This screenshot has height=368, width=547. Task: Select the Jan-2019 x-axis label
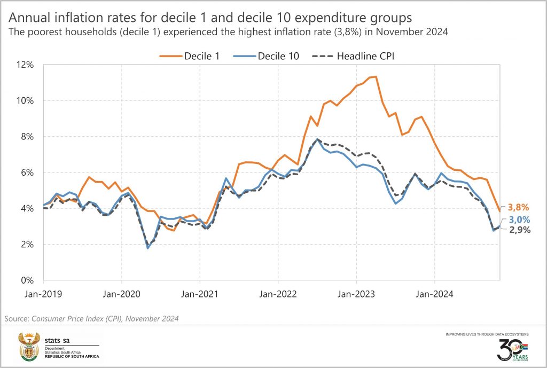(x=43, y=293)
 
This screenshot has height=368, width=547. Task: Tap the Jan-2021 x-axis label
(x=199, y=293)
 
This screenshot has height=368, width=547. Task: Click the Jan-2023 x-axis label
(x=356, y=293)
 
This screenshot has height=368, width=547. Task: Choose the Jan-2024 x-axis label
(x=434, y=293)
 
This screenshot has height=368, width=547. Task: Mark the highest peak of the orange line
(x=376, y=76)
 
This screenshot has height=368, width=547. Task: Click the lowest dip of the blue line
(x=148, y=248)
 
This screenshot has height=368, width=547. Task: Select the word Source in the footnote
(x=17, y=318)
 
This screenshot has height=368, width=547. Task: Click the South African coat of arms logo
(x=29, y=347)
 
